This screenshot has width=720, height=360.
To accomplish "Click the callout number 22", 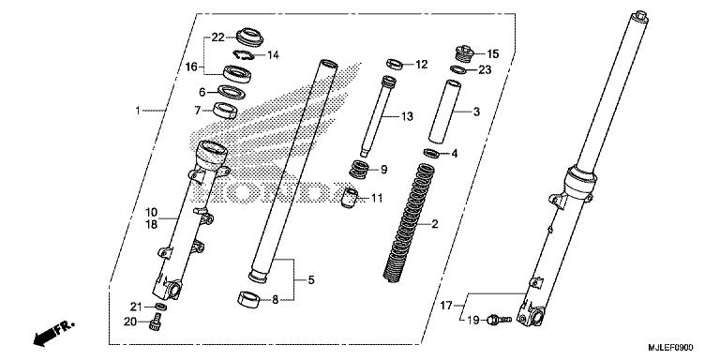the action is click(x=217, y=37).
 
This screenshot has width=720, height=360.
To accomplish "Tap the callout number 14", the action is click(x=273, y=55).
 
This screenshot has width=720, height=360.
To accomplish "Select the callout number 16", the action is click(x=191, y=67).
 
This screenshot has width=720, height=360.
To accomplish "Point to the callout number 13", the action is click(x=406, y=116).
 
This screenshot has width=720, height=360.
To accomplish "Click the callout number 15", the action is click(x=493, y=53).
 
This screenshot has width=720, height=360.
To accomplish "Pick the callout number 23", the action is click(x=484, y=68).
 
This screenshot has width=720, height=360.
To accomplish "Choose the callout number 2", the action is click(x=434, y=225).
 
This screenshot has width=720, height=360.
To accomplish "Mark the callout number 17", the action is click(x=445, y=305).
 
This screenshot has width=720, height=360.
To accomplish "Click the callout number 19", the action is click(x=472, y=320).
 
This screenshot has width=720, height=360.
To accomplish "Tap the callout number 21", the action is click(x=137, y=307).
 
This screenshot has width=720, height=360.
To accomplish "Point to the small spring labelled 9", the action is click(x=358, y=170).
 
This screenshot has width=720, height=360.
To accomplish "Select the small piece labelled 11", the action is click(x=352, y=199).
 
